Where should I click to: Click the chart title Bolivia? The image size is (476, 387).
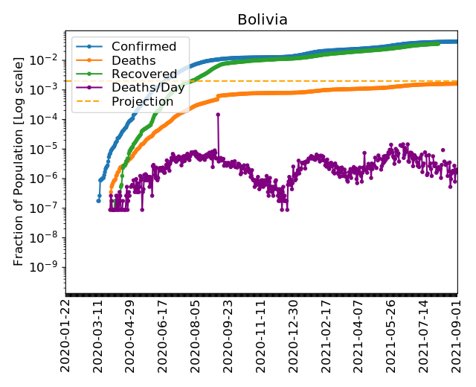(262, 19)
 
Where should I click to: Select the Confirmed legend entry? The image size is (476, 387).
(144, 47)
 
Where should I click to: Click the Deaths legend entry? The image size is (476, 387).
(132, 61)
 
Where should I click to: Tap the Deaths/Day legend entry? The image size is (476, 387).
(147, 88)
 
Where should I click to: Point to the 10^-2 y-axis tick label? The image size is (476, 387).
(49, 60)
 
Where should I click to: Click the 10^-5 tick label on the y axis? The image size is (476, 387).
(49, 149)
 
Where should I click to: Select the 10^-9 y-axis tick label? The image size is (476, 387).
(49, 267)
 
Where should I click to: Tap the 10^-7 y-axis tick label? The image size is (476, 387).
(49, 208)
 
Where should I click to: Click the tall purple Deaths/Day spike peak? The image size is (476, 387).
(218, 114)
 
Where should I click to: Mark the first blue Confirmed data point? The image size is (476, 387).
(98, 200)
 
